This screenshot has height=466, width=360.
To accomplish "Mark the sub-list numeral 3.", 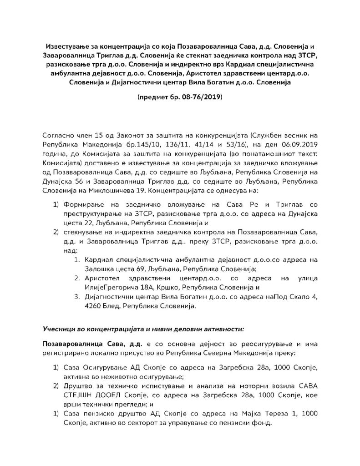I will tap(76, 297).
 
